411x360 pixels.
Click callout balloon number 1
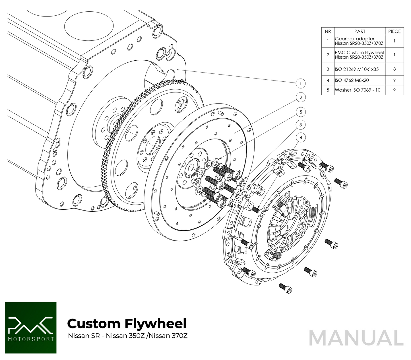coord(301,84)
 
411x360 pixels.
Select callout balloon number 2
coord(301,97)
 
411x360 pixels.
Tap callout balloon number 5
coord(301,112)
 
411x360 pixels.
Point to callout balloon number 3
coord(301,125)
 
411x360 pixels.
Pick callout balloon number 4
coord(301,138)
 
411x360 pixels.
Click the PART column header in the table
coord(360,31)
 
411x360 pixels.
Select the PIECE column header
coord(394,31)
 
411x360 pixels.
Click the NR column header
coord(328,31)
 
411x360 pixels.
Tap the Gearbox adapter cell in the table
coord(359,41)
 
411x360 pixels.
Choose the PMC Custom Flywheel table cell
coord(359,55)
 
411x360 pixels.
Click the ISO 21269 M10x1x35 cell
coord(357,69)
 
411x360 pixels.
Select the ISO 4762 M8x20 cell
coord(352,80)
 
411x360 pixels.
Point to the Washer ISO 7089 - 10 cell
coord(358,90)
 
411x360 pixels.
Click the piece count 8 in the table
coord(394,69)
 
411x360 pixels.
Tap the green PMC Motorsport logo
coord(31,328)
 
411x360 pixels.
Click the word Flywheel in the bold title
coord(155,324)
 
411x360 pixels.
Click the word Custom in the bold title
coord(94,324)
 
